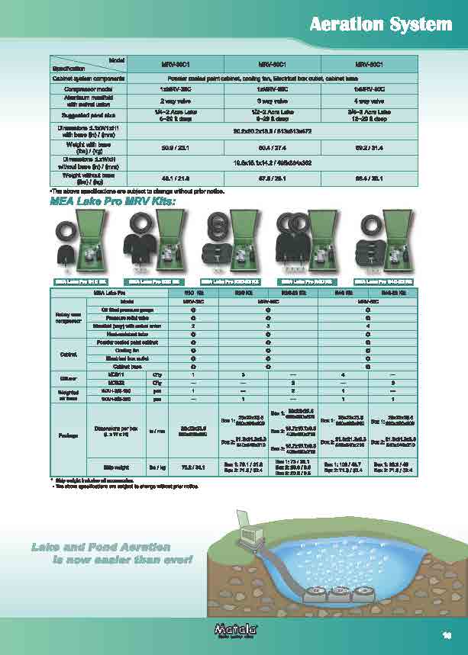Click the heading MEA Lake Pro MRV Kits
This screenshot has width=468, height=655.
[x=112, y=202]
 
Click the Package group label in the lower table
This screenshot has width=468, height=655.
[x=68, y=436]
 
